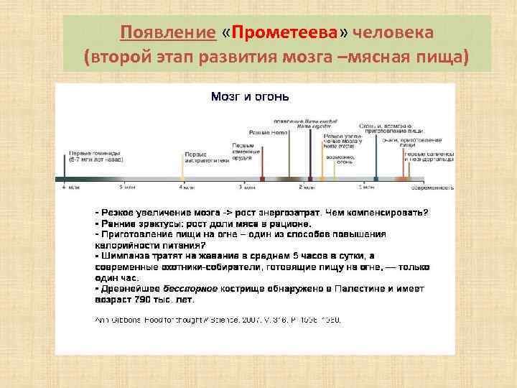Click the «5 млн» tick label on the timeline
coord(127,188)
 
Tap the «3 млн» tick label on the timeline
coord(246,188)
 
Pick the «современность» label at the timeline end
coord(431,188)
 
